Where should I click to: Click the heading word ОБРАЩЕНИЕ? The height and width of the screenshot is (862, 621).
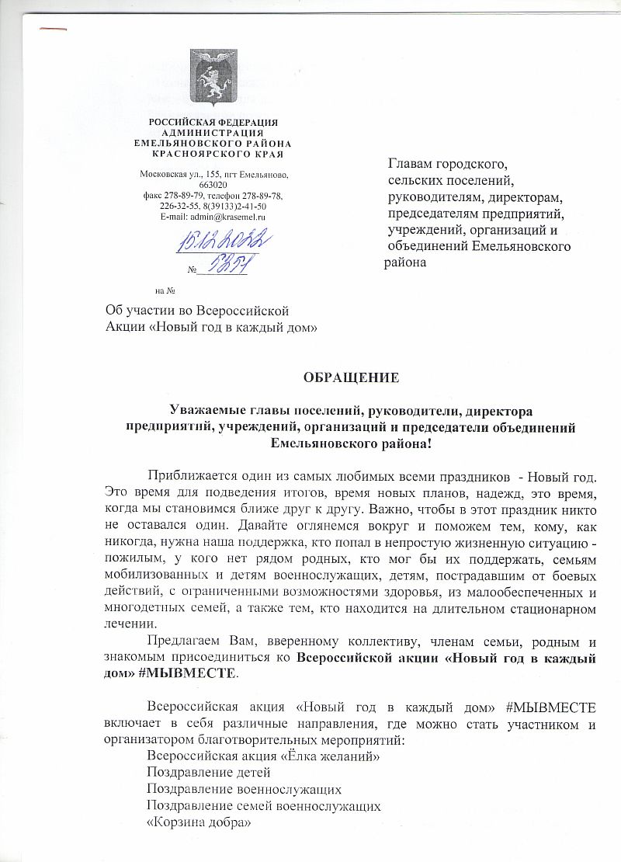tap(351, 378)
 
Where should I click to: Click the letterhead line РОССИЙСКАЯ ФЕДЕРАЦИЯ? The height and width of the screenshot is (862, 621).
tap(213, 123)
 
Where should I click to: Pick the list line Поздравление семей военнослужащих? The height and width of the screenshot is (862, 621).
tap(264, 805)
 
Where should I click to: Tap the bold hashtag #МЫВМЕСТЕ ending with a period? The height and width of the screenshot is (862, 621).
tap(196, 674)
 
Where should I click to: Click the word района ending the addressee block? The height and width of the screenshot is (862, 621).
tap(406, 262)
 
